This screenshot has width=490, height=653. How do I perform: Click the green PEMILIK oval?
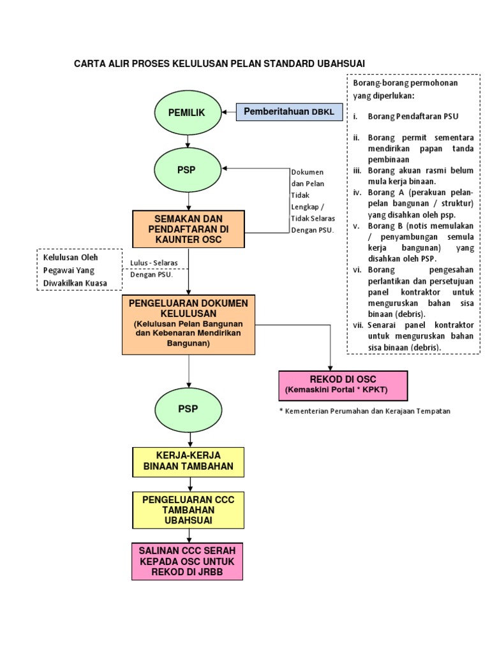coord(186,112)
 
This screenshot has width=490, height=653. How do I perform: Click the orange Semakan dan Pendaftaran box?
coord(188,229)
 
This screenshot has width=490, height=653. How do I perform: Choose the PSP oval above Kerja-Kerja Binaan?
coord(188,409)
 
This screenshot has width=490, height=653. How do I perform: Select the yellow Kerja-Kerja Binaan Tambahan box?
coord(188,462)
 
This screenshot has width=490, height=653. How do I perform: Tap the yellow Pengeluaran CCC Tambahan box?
coord(188,510)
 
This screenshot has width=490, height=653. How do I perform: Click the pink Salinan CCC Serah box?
coord(188,561)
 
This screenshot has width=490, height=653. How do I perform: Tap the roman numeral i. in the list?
coord(355,116)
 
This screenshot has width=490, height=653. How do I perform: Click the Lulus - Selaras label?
coord(154,263)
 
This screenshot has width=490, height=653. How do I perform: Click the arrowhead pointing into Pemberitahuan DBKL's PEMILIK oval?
coord(223,112)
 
